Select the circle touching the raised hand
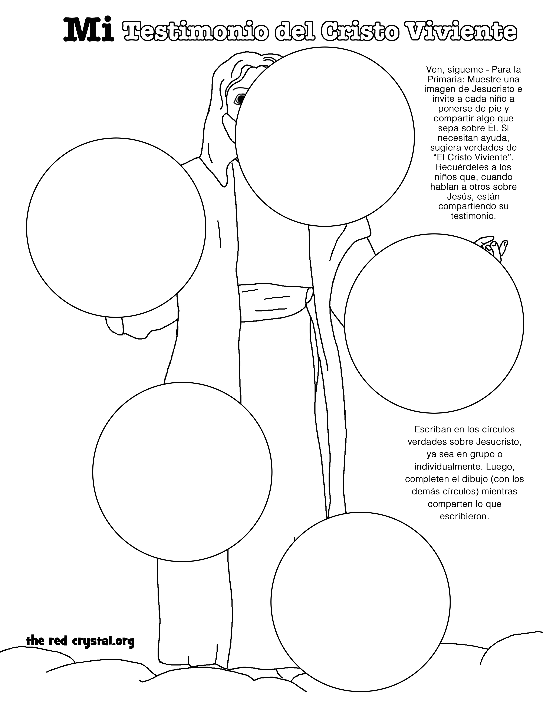(434, 323)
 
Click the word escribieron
(464, 517)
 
